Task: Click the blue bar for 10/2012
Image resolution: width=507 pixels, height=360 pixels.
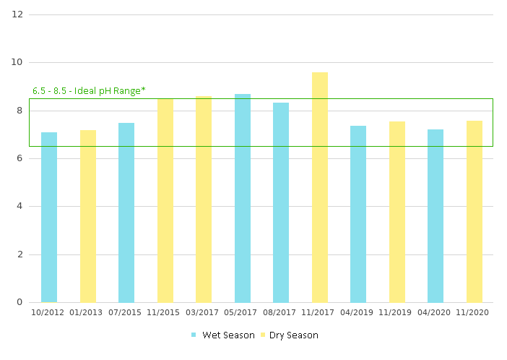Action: pyautogui.click(x=49, y=217)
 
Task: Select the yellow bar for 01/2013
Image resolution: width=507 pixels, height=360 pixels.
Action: pyautogui.click(x=88, y=216)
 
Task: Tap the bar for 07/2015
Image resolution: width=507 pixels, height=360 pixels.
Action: pyautogui.click(x=126, y=213)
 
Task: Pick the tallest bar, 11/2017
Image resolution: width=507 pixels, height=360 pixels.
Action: pyautogui.click(x=320, y=187)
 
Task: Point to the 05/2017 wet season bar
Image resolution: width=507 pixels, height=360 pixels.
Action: pyautogui.click(x=243, y=198)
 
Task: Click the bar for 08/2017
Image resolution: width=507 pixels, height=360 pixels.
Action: pyautogui.click(x=281, y=202)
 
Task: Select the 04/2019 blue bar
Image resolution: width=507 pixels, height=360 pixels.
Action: pyautogui.click(x=358, y=214)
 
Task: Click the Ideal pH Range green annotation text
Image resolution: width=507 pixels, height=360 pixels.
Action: pyautogui.click(x=89, y=90)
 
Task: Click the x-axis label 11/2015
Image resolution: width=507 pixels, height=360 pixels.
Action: pyautogui.click(x=165, y=312)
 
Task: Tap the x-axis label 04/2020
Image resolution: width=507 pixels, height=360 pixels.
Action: pyautogui.click(x=435, y=312)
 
